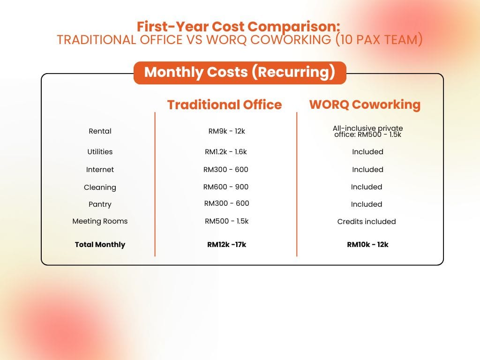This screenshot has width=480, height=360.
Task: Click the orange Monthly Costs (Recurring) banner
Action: click(x=240, y=73)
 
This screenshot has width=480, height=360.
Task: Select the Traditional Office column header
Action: click(x=225, y=105)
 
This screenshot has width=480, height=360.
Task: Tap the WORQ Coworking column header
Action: click(x=365, y=104)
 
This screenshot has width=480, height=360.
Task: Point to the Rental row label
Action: click(x=100, y=131)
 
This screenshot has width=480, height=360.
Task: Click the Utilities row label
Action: click(x=100, y=152)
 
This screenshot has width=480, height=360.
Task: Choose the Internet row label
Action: click(x=100, y=170)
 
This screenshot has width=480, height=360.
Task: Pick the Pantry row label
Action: click(x=100, y=204)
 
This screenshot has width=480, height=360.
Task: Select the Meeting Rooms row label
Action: click(x=100, y=221)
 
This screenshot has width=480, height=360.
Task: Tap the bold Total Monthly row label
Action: click(x=100, y=245)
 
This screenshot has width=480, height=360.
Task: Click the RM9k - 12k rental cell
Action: click(x=226, y=131)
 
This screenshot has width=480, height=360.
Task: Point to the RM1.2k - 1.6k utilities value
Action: click(x=226, y=152)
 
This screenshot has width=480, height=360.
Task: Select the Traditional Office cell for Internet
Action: click(x=226, y=170)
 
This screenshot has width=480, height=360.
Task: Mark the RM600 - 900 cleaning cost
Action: click(x=226, y=187)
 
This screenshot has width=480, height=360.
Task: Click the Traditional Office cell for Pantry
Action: click(x=226, y=203)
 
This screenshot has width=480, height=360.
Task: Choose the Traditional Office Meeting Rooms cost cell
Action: click(x=226, y=221)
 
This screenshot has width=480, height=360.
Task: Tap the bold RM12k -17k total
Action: click(x=226, y=245)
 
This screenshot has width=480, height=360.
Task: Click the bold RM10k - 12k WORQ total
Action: click(x=367, y=245)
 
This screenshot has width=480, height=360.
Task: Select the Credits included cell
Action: click(x=367, y=222)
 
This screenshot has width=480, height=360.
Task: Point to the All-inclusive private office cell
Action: click(x=367, y=131)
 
